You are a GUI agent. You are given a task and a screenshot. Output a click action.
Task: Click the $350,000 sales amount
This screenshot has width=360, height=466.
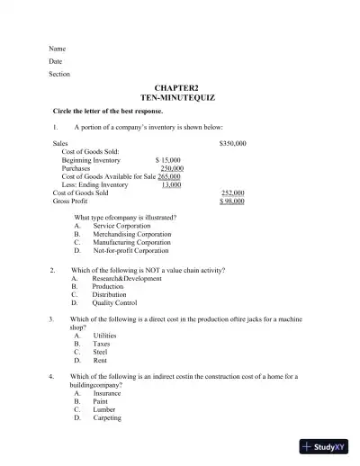click(x=232, y=143)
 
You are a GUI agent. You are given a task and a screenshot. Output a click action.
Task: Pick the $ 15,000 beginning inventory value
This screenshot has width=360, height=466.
click(x=168, y=160)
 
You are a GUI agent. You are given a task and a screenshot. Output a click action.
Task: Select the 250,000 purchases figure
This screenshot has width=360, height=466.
click(x=172, y=168)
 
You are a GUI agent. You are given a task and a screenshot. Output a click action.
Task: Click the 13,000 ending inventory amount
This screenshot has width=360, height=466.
click(x=170, y=184)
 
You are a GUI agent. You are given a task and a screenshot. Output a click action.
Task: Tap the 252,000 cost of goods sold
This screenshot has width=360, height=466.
click(x=232, y=193)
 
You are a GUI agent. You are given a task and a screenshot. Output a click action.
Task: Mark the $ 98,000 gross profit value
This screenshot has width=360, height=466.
click(x=232, y=201)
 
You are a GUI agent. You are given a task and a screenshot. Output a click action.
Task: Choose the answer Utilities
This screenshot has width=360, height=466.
click(x=105, y=336)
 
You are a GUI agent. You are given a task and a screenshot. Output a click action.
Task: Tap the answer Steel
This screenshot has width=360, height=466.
click(x=101, y=352)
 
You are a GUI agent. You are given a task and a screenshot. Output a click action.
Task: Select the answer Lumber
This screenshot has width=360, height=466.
click(x=104, y=409)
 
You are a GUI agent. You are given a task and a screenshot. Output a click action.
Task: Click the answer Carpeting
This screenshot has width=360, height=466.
click(x=107, y=417)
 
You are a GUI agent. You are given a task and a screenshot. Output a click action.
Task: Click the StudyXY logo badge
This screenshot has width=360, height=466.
click(x=325, y=446)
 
